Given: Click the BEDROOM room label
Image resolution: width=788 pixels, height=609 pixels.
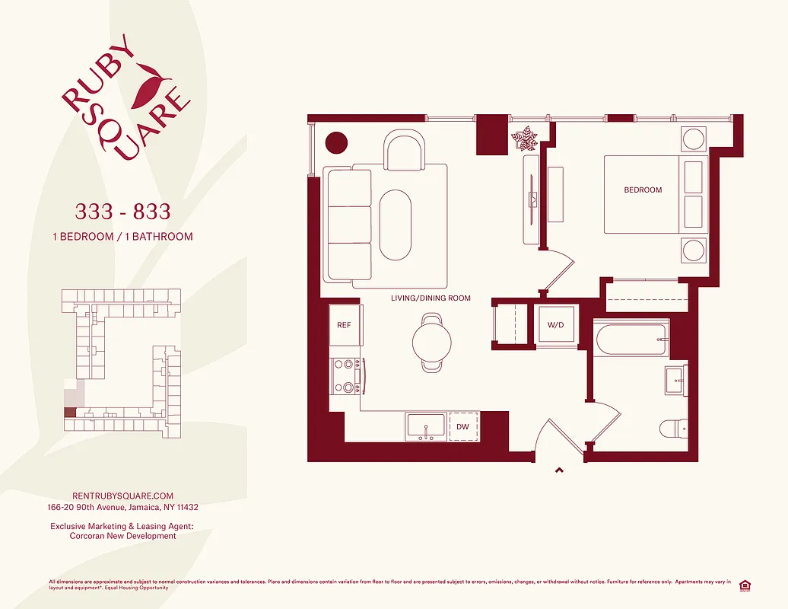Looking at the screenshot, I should click(643, 190).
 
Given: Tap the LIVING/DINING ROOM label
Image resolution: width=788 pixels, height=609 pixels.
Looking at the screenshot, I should click(431, 298).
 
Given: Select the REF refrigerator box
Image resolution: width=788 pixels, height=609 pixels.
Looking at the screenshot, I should click(345, 325).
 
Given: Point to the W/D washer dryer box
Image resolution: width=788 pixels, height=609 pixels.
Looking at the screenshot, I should click(556, 326).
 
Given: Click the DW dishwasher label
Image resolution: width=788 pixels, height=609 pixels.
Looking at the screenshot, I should click(462, 427).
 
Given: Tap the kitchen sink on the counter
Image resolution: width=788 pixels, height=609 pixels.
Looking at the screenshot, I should click(426, 426).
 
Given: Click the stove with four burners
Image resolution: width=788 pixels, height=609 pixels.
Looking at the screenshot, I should click(346, 376).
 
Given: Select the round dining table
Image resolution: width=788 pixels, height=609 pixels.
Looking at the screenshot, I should click(432, 342).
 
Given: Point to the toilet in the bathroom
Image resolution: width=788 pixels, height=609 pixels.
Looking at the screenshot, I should click(674, 429).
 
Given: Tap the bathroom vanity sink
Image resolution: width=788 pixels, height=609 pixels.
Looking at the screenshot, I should click(675, 381).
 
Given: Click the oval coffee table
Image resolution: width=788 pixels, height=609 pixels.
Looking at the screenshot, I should click(395, 224).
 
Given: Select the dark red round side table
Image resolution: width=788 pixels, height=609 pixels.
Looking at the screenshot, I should click(335, 142).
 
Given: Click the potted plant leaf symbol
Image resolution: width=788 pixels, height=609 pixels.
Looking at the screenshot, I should click(525, 139).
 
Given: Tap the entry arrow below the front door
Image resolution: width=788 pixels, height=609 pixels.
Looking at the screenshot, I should click(560, 470).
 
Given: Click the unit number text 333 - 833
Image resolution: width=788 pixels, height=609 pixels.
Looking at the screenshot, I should click(122, 210).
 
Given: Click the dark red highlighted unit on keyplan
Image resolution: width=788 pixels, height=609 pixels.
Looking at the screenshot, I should click(69, 413).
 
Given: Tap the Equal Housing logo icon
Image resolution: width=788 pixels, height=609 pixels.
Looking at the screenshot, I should click(745, 585).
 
